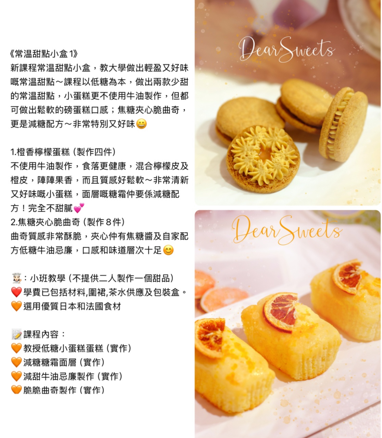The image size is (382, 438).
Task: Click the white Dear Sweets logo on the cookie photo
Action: click(286, 49)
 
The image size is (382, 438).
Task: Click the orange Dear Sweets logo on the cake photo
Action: click(287, 230)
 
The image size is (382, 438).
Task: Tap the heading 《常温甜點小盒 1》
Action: click(44, 54)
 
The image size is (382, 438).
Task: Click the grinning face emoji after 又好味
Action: click(141, 124)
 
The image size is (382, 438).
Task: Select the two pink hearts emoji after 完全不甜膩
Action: click(79, 208)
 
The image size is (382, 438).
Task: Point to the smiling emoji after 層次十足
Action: click(168, 250)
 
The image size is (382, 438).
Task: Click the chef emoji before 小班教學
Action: click(17, 278)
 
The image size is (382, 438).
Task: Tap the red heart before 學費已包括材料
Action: click(16, 292)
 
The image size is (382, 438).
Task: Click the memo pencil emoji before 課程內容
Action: click(16, 334)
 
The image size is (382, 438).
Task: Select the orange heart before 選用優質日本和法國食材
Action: click(16, 306)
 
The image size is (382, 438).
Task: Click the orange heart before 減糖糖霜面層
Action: click(16, 362)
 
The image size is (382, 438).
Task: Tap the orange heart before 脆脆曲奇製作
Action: click(16, 390)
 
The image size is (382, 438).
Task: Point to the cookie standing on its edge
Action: click(343, 124)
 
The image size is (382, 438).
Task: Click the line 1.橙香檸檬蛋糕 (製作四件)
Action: click(63, 152)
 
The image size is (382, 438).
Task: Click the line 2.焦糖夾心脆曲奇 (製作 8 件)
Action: click(68, 222)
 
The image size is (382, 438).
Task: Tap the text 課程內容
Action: click(41, 334)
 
